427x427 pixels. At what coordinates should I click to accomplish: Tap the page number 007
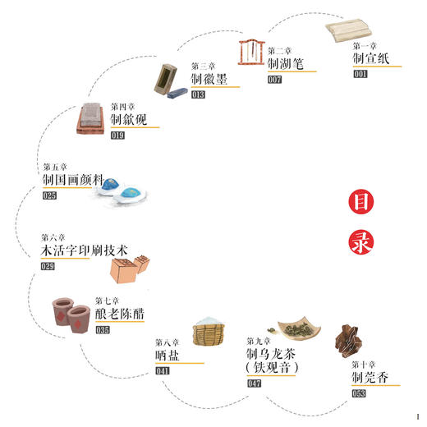coord(274,80)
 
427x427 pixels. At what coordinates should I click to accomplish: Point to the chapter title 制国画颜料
coord(74,179)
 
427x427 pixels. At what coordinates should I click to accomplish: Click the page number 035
coord(103,330)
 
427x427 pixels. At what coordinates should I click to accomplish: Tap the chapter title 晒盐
coord(168,356)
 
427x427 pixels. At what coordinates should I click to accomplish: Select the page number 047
coord(255,383)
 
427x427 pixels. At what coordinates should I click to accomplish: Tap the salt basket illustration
coord(211,334)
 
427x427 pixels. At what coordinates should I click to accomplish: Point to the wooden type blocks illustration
coord(128,268)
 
